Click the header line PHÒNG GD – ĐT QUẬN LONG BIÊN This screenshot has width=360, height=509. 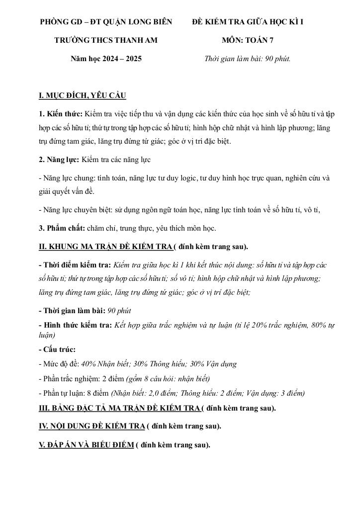[x=106, y=22]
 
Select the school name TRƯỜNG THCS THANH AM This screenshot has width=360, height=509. [x=105, y=40]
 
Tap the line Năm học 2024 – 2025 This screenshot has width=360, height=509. [x=106, y=59]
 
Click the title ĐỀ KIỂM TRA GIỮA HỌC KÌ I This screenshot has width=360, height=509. [x=248, y=22]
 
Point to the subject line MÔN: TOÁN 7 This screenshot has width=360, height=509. [x=248, y=40]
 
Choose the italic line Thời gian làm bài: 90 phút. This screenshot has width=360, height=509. [x=248, y=59]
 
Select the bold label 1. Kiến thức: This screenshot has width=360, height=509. [x=61, y=114]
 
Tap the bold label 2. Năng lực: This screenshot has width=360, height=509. [x=59, y=160]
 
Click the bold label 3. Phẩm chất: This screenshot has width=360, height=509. [x=62, y=228]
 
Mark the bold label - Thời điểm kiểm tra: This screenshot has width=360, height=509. [x=75, y=265]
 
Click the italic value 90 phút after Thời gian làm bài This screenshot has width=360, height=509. [x=119, y=311]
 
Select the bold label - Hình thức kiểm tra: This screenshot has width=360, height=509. [x=75, y=326]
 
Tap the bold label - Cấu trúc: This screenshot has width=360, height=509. [x=57, y=349]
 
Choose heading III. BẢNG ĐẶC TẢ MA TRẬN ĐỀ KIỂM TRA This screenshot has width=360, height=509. [x=119, y=408]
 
